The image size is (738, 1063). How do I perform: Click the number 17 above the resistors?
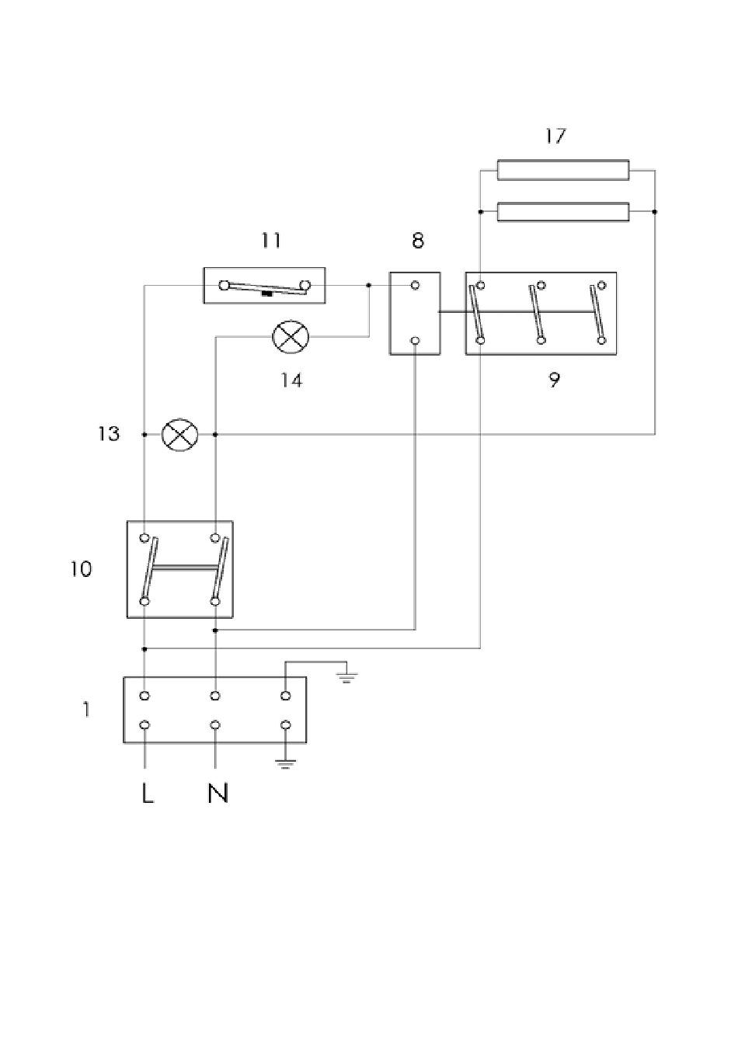coord(555,136)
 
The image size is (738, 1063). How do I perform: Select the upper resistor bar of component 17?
coord(562,170)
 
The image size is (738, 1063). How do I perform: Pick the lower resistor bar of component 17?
coord(562,212)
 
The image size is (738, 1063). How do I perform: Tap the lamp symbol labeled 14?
coord(291,336)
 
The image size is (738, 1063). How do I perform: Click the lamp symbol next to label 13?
coord(180,435)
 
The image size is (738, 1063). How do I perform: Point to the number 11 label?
coord(270,241)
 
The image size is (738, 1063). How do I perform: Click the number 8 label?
coord(417,241)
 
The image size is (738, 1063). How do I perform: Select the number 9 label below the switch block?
coord(554,380)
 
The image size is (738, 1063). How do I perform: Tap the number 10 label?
coord(81,569)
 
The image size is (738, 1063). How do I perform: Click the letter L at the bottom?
coord(148,793)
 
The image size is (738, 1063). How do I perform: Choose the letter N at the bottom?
coord(218,793)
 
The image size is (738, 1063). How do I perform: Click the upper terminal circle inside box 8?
coord(415,285)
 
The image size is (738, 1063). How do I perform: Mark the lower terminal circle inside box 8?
coord(415,341)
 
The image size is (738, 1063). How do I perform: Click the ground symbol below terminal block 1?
coord(285,763)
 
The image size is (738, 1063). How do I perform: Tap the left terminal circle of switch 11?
coord(224,286)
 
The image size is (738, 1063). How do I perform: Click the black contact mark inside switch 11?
coord(267,294)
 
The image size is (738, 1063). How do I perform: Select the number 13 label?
coord(109,434)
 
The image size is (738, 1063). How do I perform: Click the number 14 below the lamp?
coord(291,380)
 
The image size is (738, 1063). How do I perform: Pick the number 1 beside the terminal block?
coord(86,710)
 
